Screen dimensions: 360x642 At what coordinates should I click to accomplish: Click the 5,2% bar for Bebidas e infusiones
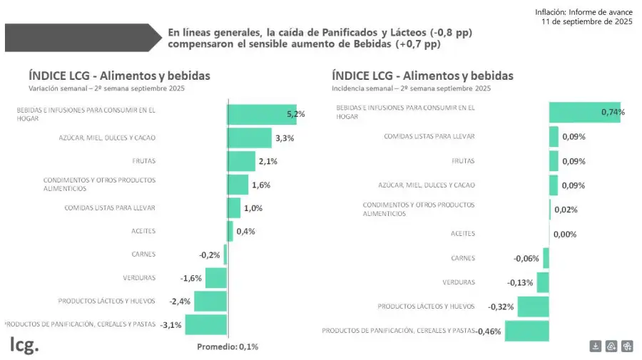pos(261,115)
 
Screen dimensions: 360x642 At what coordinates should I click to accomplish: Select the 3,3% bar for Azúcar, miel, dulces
pos(249,138)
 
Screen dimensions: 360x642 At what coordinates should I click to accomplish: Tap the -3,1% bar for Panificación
pos(205,325)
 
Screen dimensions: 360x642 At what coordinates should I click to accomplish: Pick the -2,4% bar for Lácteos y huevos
pos(210,302)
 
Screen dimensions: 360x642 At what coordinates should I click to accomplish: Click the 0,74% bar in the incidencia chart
pos(584,112)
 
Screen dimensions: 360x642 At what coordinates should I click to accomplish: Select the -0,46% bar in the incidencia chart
pos(526,331)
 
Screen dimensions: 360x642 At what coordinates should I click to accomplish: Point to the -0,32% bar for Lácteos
pos(533,307)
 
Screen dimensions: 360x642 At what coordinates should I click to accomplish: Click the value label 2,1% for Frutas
pos(267,161)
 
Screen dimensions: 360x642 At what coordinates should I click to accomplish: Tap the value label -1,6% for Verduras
pos(191,278)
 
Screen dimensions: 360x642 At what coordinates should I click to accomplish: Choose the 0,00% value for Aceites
pos(564,234)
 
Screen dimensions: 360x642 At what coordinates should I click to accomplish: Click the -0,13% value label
pos(520,282)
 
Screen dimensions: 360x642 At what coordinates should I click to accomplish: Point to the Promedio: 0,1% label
pos(227,346)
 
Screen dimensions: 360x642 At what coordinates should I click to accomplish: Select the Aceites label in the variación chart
pos(143,231)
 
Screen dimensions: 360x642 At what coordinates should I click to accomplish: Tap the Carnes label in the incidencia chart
pos(463,258)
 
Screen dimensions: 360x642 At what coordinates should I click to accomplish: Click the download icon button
pos(596,346)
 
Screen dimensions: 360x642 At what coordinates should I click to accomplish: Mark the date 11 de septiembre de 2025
pos(587,22)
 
